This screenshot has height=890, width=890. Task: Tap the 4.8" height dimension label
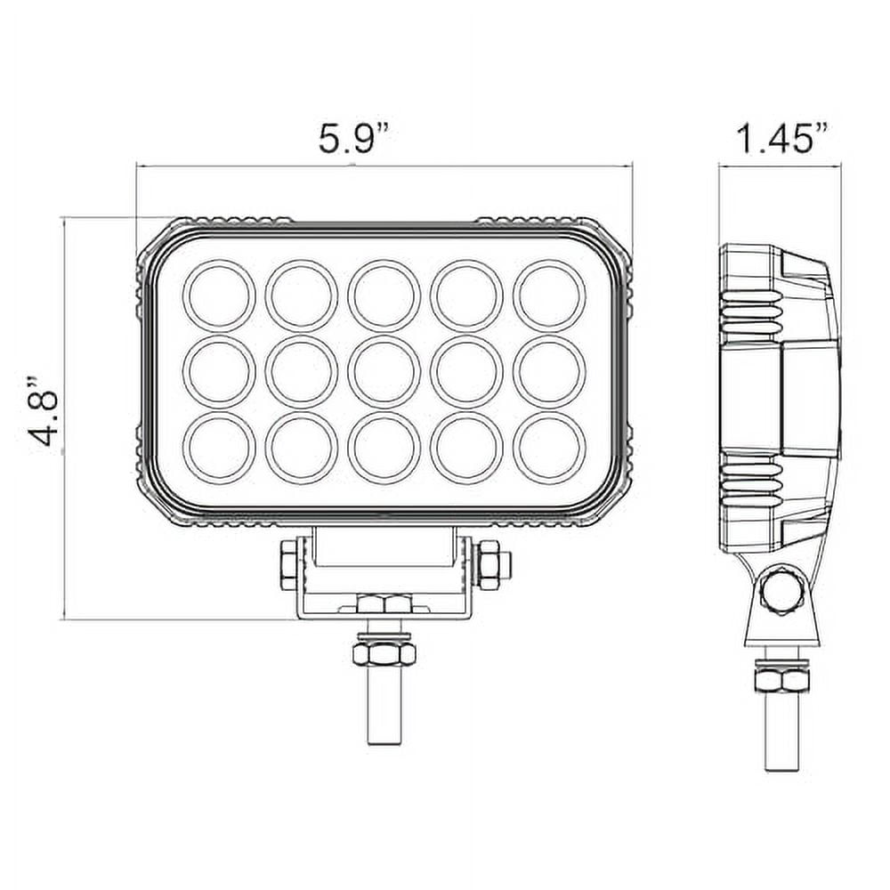tap(44, 411)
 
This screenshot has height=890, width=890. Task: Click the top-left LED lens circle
tap(219, 295)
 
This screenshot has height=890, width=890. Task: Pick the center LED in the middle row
tap(384, 372)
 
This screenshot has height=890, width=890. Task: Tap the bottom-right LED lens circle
tap(549, 448)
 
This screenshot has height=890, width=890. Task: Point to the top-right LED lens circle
tap(549, 295)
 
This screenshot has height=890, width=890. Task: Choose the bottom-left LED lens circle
tap(219, 448)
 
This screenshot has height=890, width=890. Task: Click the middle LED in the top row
tap(384, 295)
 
